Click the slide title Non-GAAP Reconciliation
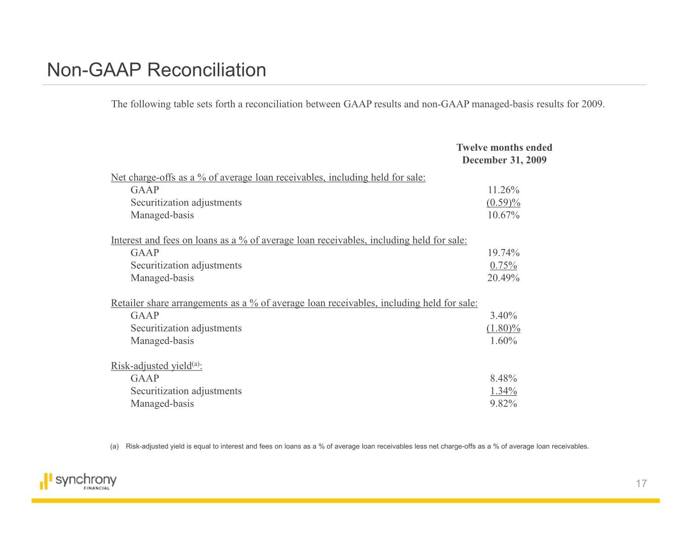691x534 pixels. click(x=156, y=70)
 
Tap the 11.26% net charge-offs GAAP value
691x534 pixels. click(x=503, y=190)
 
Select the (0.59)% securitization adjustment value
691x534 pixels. click(x=503, y=202)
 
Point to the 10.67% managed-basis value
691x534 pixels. click(x=503, y=215)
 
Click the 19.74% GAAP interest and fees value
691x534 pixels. click(x=503, y=253)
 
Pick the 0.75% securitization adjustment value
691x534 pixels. click(x=503, y=265)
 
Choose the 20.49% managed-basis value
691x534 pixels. click(x=503, y=278)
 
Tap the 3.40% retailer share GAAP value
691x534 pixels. click(x=503, y=315)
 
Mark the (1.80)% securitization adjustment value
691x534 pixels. click(x=503, y=328)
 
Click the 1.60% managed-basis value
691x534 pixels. click(x=503, y=341)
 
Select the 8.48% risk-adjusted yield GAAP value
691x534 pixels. click(x=503, y=378)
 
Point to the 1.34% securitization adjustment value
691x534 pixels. click(x=503, y=391)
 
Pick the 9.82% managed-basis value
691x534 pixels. click(x=503, y=403)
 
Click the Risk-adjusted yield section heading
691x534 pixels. click(x=156, y=366)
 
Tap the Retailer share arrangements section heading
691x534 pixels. click(x=294, y=303)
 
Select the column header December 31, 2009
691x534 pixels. click(x=504, y=160)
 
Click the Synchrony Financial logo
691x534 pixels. click(x=78, y=481)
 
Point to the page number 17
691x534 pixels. click(x=641, y=484)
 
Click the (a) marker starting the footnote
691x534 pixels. click(x=114, y=446)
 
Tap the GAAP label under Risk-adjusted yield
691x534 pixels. click(x=145, y=378)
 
